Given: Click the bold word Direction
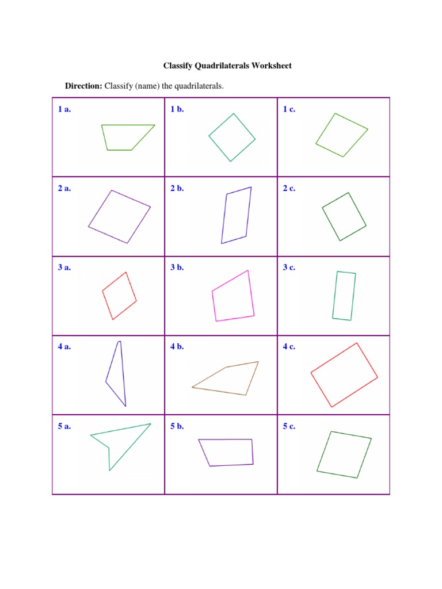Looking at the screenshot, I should (83, 86).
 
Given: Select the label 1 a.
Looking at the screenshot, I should (64, 109).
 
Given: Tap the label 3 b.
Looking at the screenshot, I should (177, 267).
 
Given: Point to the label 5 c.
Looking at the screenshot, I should (289, 426).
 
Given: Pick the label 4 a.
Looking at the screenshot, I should (64, 347).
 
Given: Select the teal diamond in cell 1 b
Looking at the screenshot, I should (232, 137).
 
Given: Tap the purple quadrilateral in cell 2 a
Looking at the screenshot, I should (119, 216).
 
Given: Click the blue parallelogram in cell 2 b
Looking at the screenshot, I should (237, 215).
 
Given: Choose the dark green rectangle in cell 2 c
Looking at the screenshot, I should (344, 217).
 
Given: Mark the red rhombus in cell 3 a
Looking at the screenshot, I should (119, 296).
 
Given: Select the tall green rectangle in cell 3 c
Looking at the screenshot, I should (344, 296).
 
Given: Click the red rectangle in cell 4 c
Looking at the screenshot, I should (344, 375).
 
